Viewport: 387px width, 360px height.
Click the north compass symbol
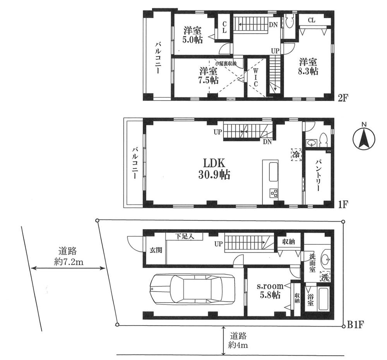coord(363,139)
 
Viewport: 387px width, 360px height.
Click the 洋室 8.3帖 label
coord(308,67)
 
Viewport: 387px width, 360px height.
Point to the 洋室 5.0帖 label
coord(192,34)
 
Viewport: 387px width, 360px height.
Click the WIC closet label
coord(256,78)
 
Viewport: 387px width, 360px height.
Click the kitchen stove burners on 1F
coord(274,192)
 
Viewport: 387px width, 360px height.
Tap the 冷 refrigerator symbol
coord(296,154)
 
